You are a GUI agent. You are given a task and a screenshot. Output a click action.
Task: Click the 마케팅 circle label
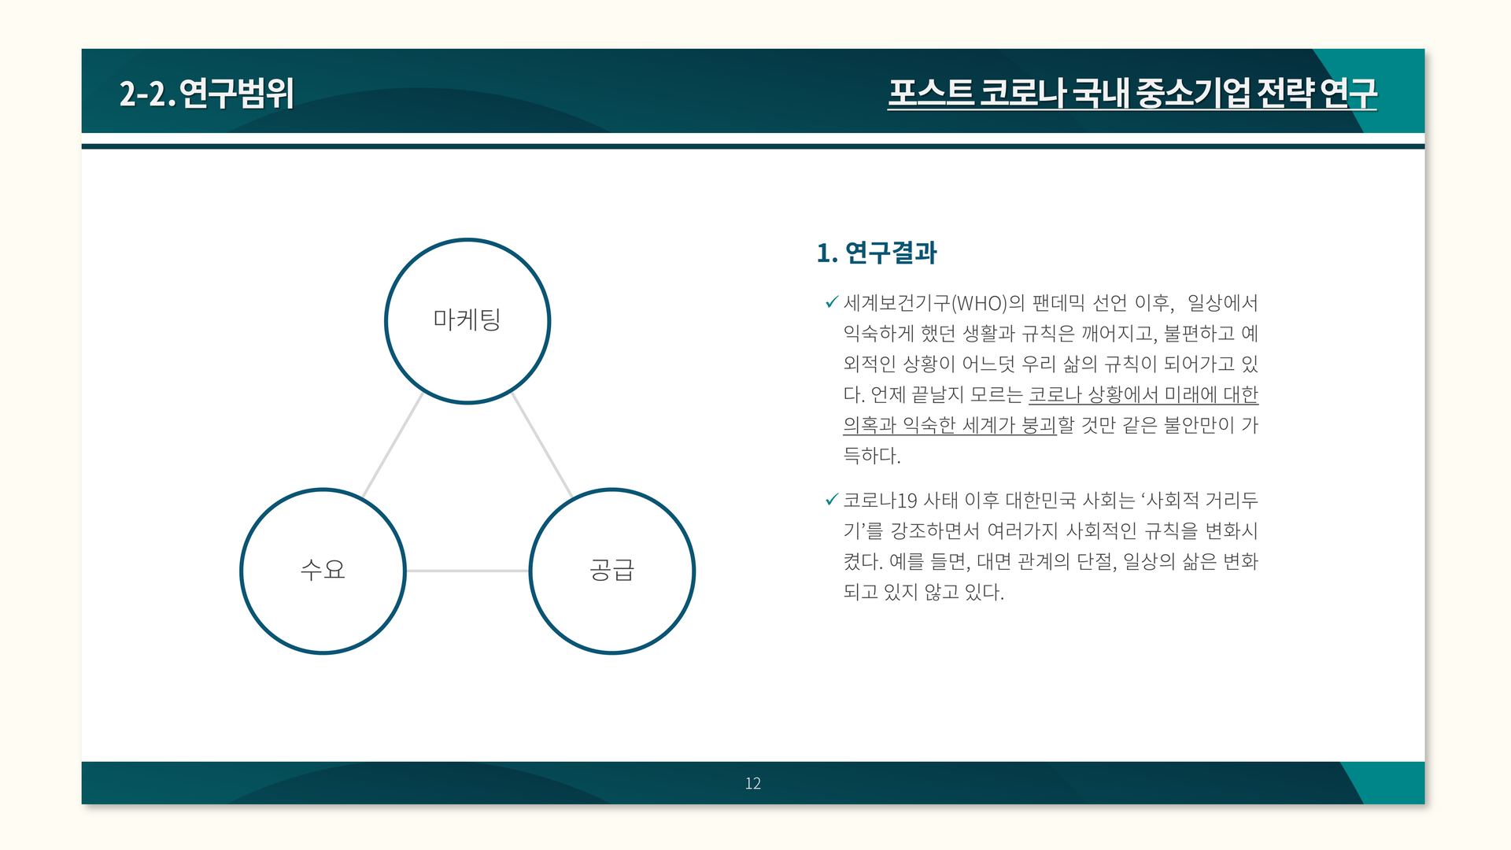pyautogui.click(x=467, y=320)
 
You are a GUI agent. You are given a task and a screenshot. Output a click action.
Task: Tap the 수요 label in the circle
pyautogui.click(x=323, y=569)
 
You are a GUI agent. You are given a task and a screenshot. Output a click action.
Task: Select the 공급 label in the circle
pyautogui.click(x=611, y=569)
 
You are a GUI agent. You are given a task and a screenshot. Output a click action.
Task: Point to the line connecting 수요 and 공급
pyautogui.click(x=467, y=571)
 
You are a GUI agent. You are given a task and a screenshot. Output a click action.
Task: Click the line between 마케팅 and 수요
pyautogui.click(x=393, y=445)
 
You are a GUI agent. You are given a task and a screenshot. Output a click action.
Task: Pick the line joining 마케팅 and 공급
pyautogui.click(x=542, y=445)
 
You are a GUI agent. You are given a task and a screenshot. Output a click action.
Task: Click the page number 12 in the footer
pyautogui.click(x=752, y=783)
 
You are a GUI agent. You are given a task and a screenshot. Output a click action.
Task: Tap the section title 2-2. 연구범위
pyautogui.click(x=207, y=93)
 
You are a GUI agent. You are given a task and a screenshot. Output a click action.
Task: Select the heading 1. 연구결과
pyautogui.click(x=877, y=253)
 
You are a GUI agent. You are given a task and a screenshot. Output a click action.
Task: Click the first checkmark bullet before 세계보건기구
pyautogui.click(x=831, y=302)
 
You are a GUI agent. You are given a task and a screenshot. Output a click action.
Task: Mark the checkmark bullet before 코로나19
pyautogui.click(x=831, y=500)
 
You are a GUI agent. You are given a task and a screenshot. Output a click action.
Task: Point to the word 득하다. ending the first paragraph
pyautogui.click(x=871, y=456)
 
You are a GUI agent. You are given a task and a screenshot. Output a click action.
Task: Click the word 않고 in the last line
pyautogui.click(x=941, y=592)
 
